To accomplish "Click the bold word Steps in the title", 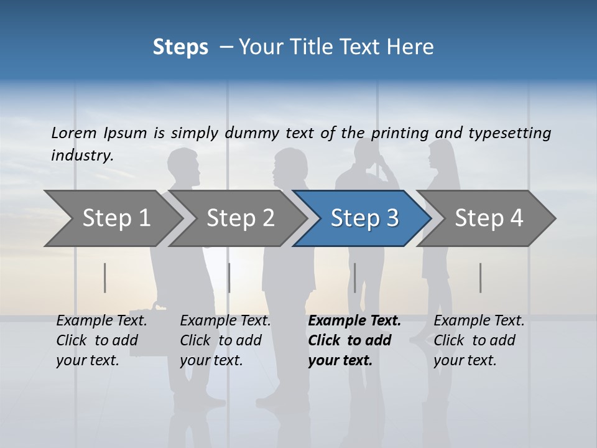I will coord(180,47).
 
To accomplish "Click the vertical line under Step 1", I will coord(105,278).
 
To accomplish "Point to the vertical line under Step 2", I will coord(229,278).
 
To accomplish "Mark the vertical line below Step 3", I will coord(355,278).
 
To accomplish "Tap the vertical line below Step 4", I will coord(481,278).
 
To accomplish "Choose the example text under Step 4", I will coord(479,340).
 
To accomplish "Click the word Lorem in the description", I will coord(74,133).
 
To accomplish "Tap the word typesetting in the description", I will coord(509,133).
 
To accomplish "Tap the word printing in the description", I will coord(399,133).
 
